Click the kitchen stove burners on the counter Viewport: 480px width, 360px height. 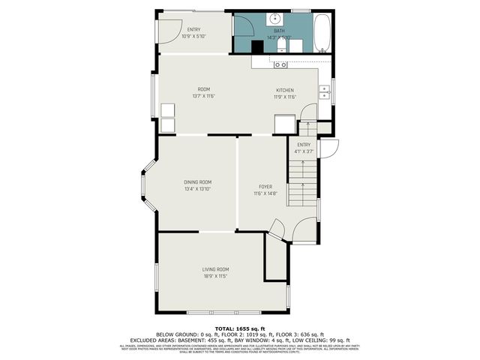[280, 65]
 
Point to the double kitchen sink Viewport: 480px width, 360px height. [324, 92]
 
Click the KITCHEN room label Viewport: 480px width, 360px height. [285, 90]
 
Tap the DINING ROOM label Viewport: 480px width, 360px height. [198, 181]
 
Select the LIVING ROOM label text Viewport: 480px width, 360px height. [215, 269]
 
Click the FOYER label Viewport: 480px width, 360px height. [265, 187]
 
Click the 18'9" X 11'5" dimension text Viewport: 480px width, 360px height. [215, 276]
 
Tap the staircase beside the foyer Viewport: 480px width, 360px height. [303, 184]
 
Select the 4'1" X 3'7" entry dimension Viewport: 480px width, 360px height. [304, 151]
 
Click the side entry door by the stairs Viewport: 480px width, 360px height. [331, 148]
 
